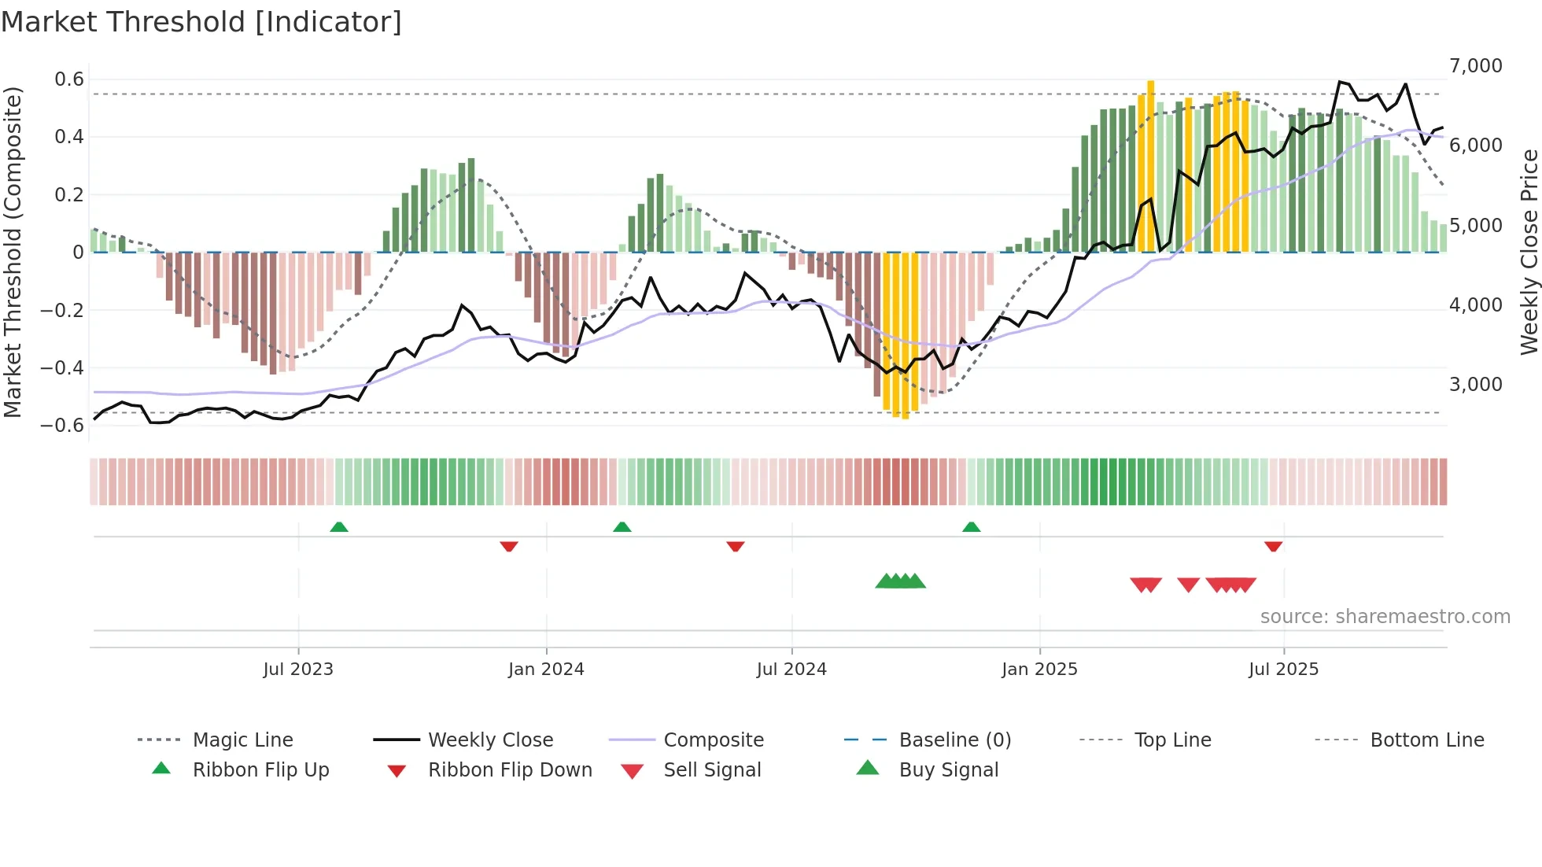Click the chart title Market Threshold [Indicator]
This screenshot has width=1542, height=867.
click(x=201, y=22)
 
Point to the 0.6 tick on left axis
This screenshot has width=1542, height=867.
click(x=69, y=79)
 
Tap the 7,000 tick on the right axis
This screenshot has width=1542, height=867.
click(x=1475, y=66)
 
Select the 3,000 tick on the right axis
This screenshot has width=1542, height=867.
click(x=1475, y=385)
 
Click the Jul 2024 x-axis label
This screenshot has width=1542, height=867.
click(x=791, y=670)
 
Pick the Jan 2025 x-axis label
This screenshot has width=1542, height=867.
click(x=1039, y=670)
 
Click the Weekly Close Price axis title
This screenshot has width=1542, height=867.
click(x=1529, y=252)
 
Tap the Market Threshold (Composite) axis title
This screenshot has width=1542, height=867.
click(x=13, y=252)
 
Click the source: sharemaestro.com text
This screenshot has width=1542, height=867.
click(x=1385, y=617)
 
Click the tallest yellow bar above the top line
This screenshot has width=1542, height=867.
click(x=1150, y=165)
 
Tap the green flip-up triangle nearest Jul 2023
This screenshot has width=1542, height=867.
click(x=339, y=527)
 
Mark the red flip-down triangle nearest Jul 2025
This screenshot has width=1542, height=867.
click(x=1273, y=546)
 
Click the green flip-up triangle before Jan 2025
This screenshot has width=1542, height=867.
click(x=971, y=527)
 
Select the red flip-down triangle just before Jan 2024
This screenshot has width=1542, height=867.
click(x=509, y=546)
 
